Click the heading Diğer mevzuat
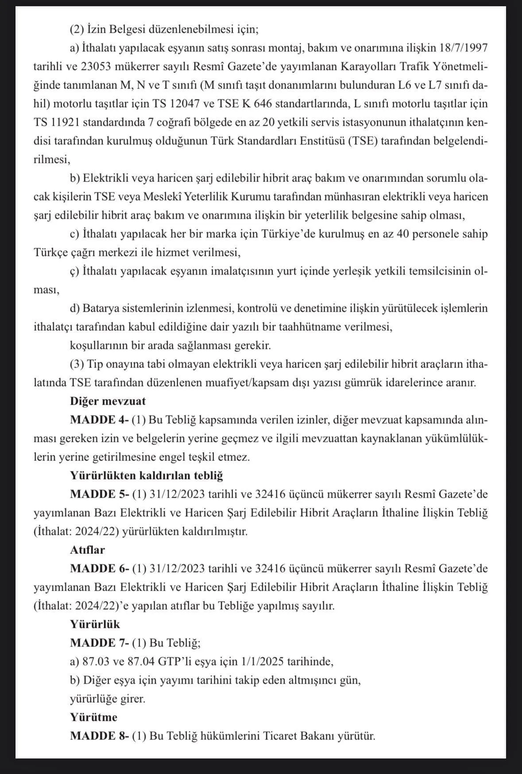pyautogui.click(x=108, y=401)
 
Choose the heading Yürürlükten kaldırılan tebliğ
pyautogui.click(x=146, y=476)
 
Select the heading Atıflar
pyautogui.click(x=87, y=550)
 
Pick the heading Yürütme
pyautogui.click(x=93, y=717)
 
